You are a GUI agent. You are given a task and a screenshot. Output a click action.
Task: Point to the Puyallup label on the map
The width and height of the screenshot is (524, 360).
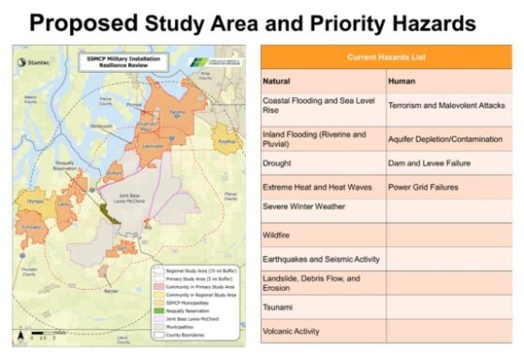click(225, 142)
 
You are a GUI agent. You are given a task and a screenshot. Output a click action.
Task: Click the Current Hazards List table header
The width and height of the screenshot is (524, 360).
click(386, 56)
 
